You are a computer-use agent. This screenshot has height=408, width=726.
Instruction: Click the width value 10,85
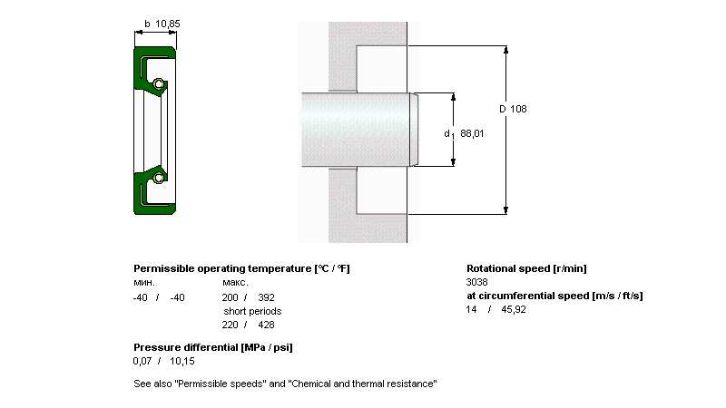(x=168, y=24)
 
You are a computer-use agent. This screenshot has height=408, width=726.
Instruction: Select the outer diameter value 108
(x=518, y=109)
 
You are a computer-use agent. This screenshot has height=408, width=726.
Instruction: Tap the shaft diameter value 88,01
(x=472, y=133)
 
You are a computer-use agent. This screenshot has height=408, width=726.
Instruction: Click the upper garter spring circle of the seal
(x=159, y=84)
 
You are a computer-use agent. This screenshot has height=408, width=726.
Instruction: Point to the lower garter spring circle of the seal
(x=159, y=178)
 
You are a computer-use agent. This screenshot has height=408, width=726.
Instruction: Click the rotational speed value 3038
(x=477, y=282)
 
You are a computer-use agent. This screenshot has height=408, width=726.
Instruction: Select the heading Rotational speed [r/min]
(x=526, y=268)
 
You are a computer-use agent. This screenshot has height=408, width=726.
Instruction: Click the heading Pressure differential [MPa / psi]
(x=213, y=347)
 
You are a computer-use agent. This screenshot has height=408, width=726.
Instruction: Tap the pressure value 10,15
(x=182, y=361)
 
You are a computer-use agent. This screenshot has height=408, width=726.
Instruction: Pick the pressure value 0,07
(x=142, y=361)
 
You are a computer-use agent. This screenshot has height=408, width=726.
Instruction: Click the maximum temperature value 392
(x=266, y=297)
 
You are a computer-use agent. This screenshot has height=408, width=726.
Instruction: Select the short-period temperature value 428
(x=266, y=325)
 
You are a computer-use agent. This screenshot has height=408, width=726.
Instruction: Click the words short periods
(x=252, y=311)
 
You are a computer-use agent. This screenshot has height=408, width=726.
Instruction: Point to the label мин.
(x=144, y=283)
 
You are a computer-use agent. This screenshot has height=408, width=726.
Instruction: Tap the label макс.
(x=235, y=283)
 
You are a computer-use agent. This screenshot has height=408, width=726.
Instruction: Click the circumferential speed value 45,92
(x=514, y=309)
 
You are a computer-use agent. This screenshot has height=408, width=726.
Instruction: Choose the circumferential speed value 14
(x=471, y=309)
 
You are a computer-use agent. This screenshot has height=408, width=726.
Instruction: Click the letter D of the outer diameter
(x=503, y=109)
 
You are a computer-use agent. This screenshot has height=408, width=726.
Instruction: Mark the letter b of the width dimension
(x=147, y=24)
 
